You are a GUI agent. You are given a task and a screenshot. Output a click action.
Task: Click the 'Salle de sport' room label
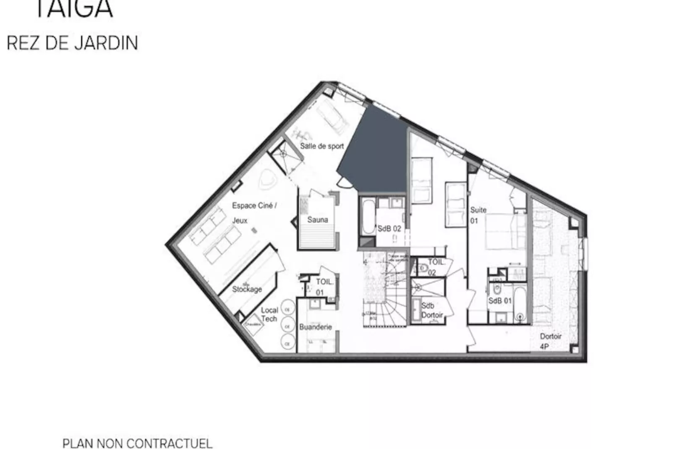pos(322,146)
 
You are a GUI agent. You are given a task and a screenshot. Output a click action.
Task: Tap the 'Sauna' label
pos(317,219)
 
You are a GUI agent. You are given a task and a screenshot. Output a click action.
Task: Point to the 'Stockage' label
pos(247,289)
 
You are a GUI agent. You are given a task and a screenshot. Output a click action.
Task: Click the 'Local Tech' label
pos(269,314)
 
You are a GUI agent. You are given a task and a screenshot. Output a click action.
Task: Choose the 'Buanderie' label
pos(316,327)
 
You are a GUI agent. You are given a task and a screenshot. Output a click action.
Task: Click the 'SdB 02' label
pos(389,229)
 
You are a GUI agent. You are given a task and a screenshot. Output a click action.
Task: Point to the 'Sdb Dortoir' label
pos(432,310)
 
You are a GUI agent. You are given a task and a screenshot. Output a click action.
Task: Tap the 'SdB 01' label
pos(500,301)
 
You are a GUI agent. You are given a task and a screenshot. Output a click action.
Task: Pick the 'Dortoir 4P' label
pos(550,341)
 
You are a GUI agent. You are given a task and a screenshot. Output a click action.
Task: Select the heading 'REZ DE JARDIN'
pos(72,43)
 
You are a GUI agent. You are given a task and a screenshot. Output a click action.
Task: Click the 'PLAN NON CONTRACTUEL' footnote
pos(137,443)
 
